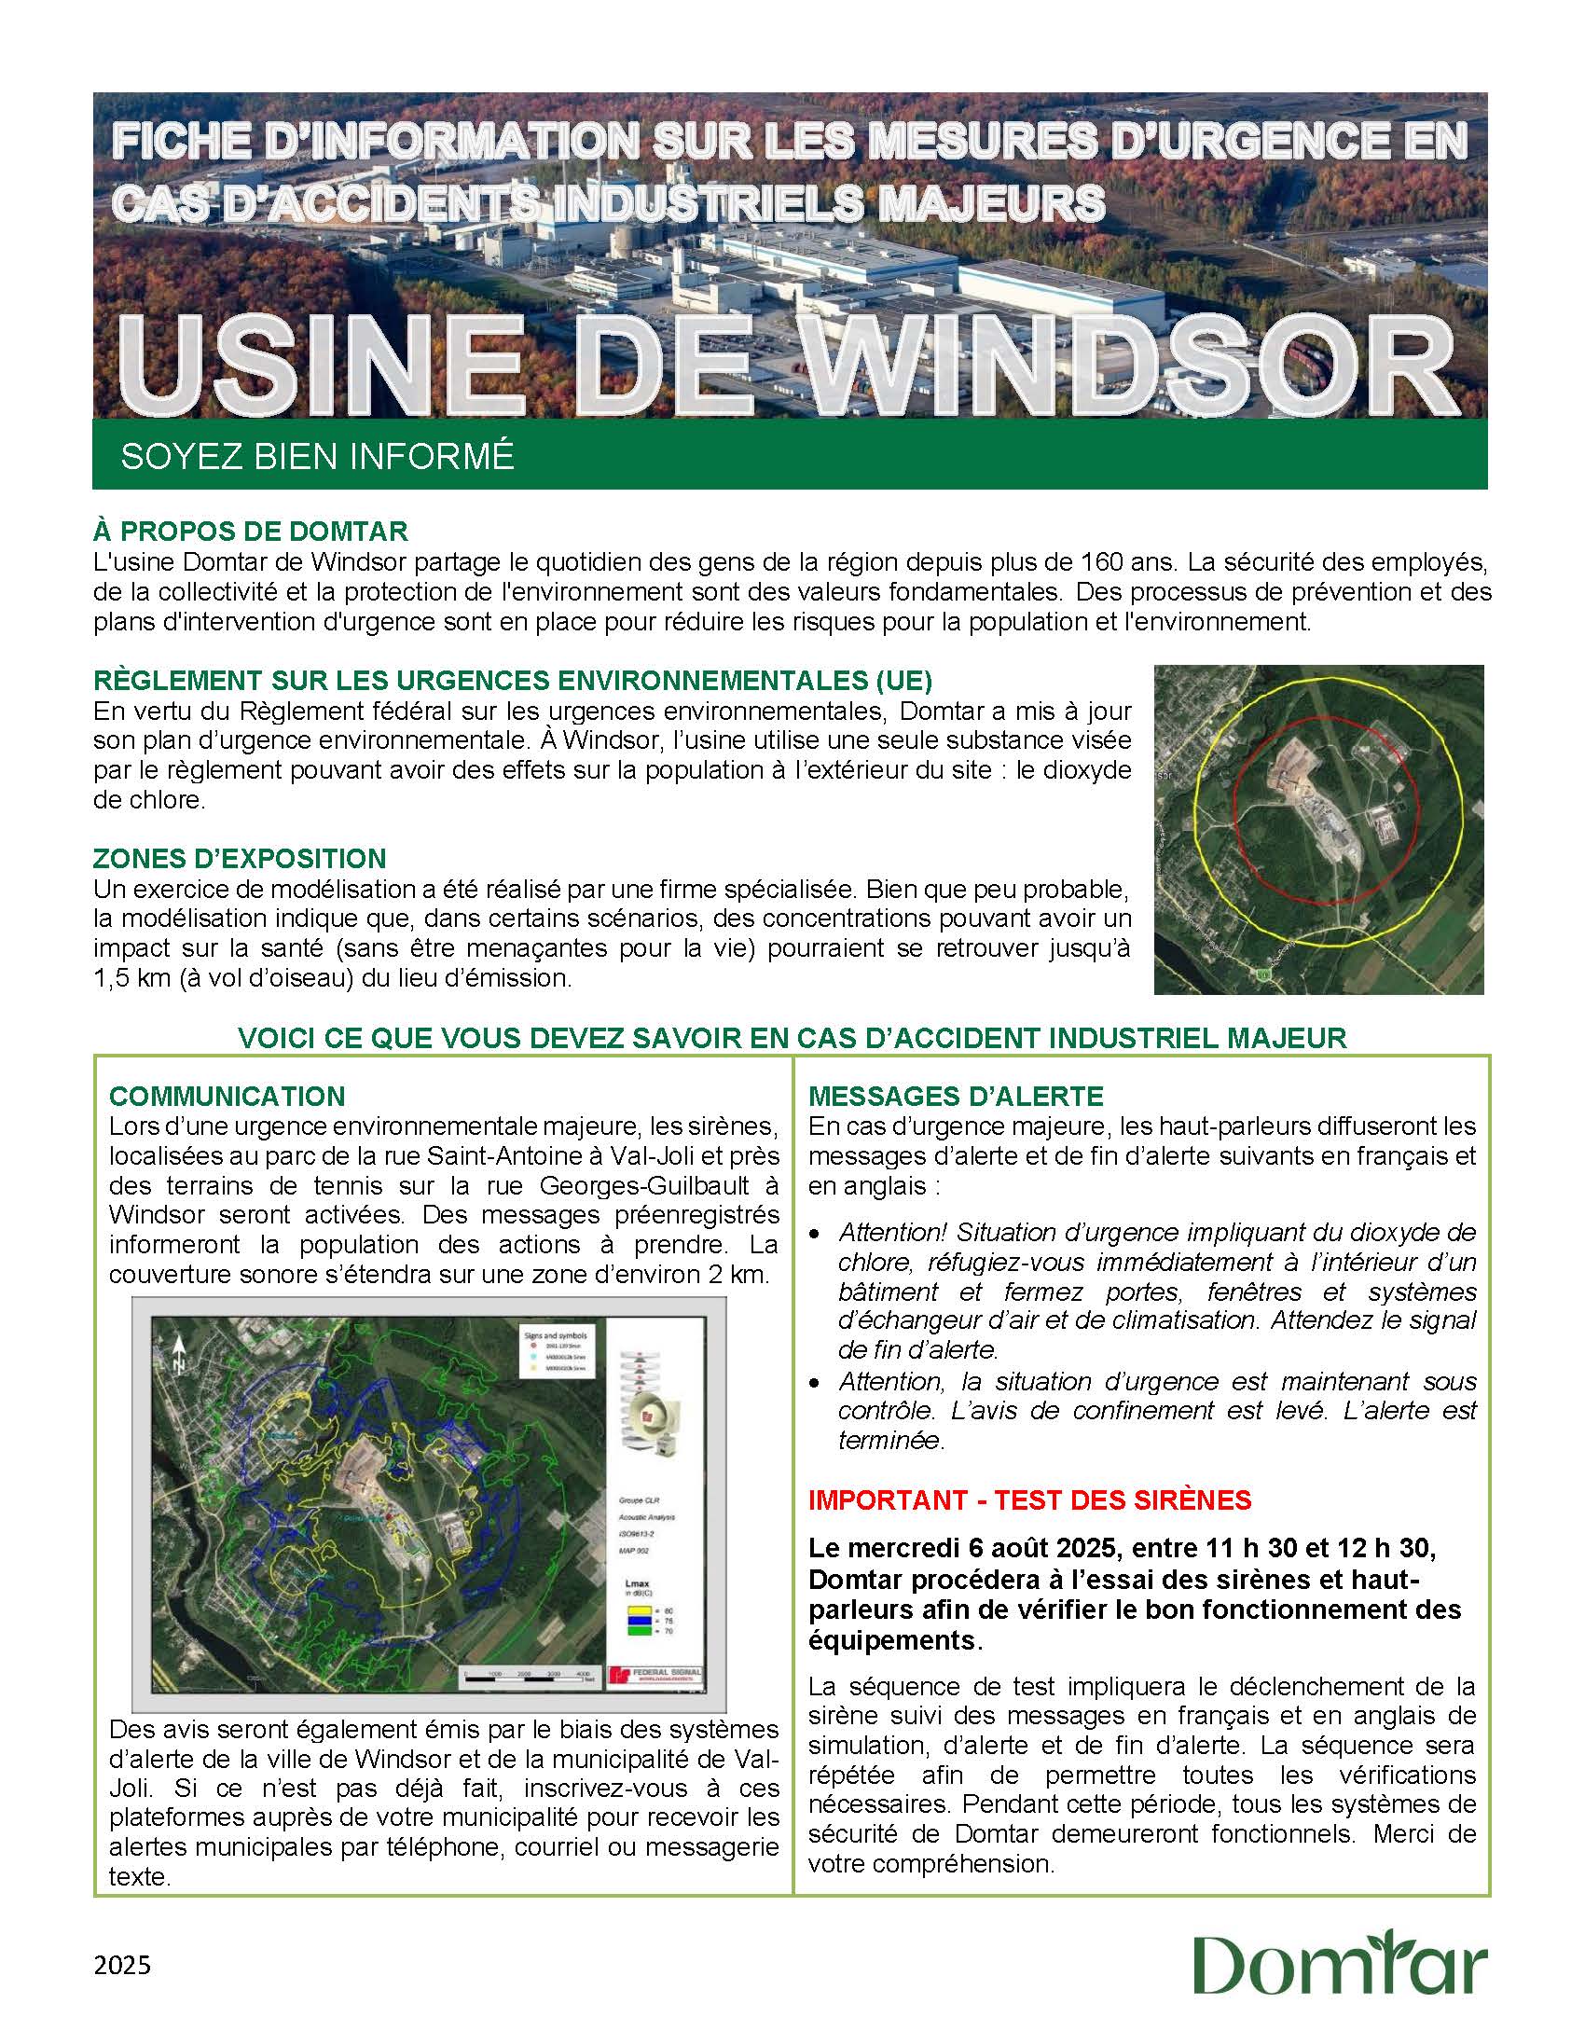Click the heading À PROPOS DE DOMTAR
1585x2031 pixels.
pyautogui.click(x=250, y=532)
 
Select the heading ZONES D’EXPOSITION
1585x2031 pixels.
pyautogui.click(x=240, y=858)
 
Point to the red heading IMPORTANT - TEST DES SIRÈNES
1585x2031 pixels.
pyautogui.click(x=1029, y=1499)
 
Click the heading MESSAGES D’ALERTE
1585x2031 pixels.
pyautogui.click(x=956, y=1096)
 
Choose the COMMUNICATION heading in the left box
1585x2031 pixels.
pyautogui.click(x=227, y=1096)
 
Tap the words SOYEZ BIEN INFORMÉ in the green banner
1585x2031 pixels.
pyautogui.click(x=317, y=455)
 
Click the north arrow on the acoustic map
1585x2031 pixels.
pyautogui.click(x=177, y=1354)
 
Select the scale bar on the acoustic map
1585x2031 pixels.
pyautogui.click(x=529, y=1679)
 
